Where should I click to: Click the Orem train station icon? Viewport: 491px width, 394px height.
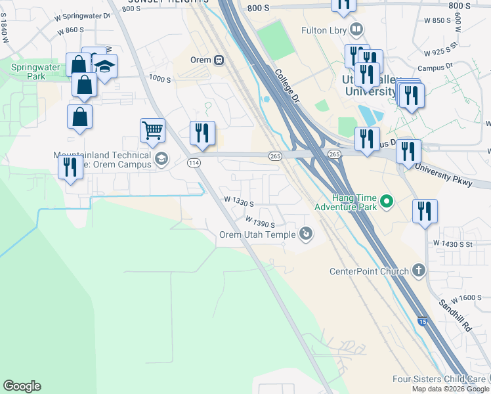pos(219,60)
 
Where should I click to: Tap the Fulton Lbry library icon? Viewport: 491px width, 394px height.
pos(356,30)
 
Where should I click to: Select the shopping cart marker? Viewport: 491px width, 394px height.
pos(152,130)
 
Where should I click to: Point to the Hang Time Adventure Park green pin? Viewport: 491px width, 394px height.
pos(386,201)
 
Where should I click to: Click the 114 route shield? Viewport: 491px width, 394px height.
pos(194,162)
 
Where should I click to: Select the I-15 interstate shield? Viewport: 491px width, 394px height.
pos(422,322)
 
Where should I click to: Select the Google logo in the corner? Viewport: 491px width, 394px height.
pos(22,386)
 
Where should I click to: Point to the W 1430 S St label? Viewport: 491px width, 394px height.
pos(461,243)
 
